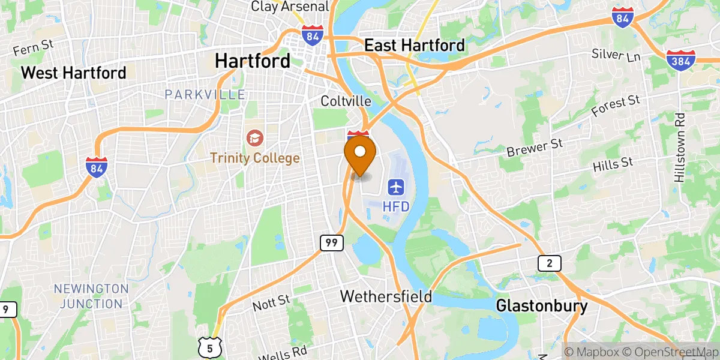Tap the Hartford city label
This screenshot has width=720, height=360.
[253, 61]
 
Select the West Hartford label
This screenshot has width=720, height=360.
[74, 73]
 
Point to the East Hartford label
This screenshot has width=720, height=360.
[415, 46]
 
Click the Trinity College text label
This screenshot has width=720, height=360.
[254, 158]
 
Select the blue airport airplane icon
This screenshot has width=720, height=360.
[396, 187]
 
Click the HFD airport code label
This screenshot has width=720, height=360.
[396, 206]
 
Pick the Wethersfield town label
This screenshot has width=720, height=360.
[386, 296]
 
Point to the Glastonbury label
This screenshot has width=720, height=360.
[542, 306]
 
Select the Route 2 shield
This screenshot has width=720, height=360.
[549, 263]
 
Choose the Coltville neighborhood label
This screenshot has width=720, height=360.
[346, 101]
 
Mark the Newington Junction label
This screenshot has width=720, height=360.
[91, 296]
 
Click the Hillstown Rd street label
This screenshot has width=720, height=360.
[679, 148]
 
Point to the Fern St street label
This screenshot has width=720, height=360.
[33, 47]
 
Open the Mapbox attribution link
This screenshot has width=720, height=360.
[592, 352]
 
